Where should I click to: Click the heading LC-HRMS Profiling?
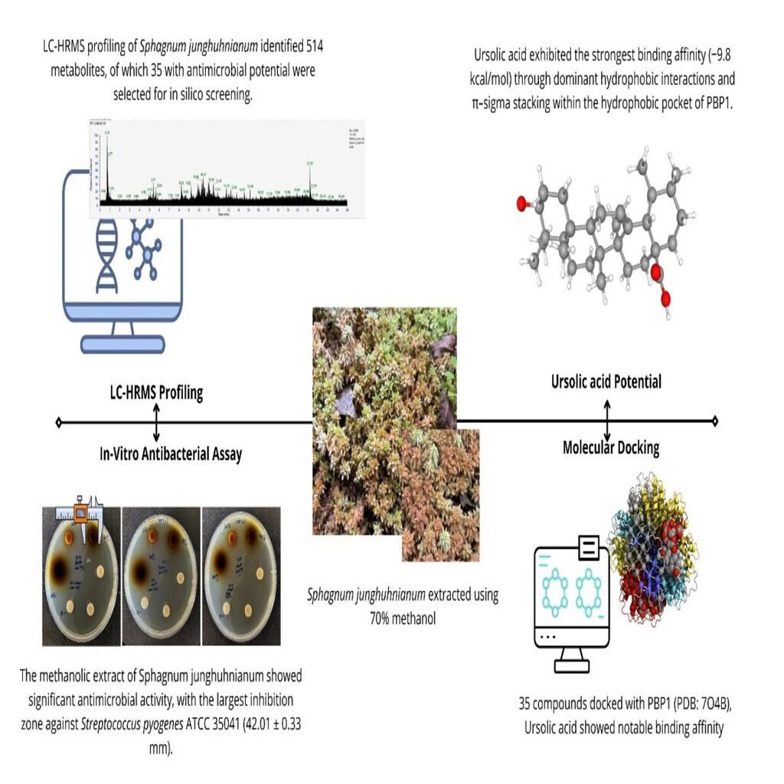(156, 394)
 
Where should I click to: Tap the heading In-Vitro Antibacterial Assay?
(171, 453)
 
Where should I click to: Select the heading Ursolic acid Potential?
(606, 381)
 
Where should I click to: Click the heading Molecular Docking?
(610, 448)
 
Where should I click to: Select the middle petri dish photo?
(161, 574)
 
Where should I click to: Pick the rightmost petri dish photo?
(239, 574)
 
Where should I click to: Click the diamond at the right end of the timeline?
(714, 420)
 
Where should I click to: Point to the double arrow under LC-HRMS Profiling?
(156, 421)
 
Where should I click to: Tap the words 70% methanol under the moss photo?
(402, 618)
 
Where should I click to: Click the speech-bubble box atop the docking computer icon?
(590, 546)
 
